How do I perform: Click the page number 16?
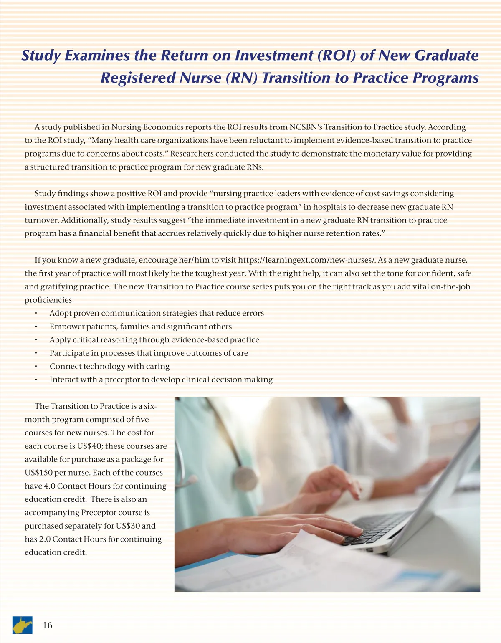pyautogui.click(x=48, y=625)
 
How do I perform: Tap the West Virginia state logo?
pyautogui.click(x=23, y=625)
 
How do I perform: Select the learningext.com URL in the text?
pyautogui.click(x=307, y=260)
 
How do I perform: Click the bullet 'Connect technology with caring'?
pyautogui.click(x=109, y=366)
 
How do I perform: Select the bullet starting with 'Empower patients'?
pyautogui.click(x=140, y=327)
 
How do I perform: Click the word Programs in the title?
pyautogui.click(x=445, y=78)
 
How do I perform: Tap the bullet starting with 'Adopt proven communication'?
pyautogui.click(x=157, y=313)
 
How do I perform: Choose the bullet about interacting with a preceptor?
pyautogui.click(x=161, y=380)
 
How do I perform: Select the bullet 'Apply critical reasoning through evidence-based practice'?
pyautogui.click(x=154, y=340)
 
